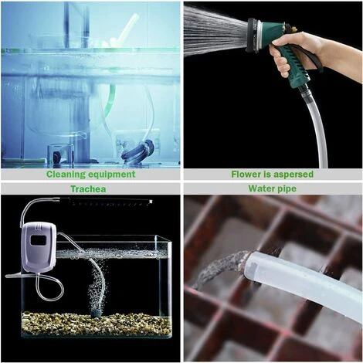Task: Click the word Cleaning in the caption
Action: tap(68, 174)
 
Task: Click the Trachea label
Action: tap(90, 188)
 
